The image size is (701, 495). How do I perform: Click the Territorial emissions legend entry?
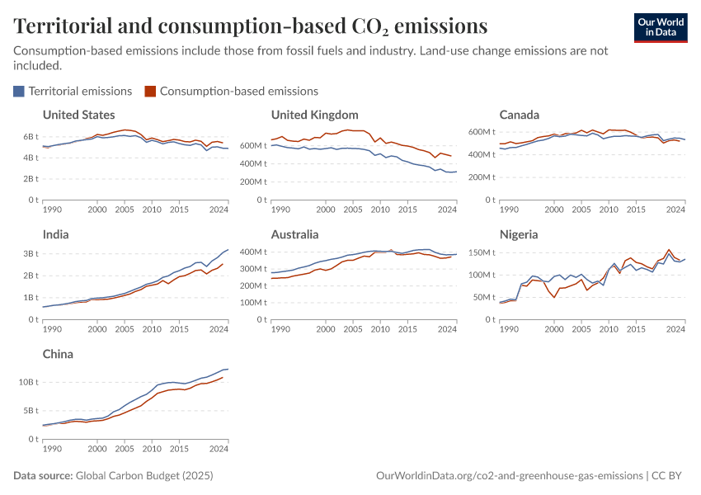coord(73,91)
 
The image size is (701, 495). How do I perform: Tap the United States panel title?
coord(78,115)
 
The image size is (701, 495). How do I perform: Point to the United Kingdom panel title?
coord(314,115)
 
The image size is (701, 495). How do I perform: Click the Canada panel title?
coord(520,115)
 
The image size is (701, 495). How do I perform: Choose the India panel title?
coord(55,234)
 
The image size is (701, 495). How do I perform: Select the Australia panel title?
coord(296,234)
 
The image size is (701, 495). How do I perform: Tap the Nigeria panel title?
coord(519,234)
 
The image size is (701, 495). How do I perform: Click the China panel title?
coord(58,354)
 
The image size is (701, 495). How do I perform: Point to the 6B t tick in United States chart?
coord(31,136)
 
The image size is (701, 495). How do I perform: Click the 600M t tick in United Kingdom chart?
coord(255,146)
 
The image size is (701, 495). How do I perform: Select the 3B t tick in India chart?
coord(31,253)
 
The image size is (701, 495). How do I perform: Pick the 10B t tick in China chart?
coord(28,382)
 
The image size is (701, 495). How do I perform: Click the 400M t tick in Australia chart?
coord(255,252)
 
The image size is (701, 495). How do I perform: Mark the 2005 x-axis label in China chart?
coord(125,450)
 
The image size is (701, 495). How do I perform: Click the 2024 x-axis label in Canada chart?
coord(675,210)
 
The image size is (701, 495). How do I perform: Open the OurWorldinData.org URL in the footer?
coord(509,476)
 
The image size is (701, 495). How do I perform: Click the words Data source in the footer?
coord(43,476)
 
